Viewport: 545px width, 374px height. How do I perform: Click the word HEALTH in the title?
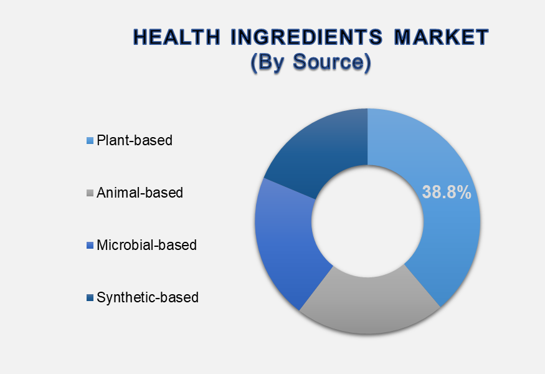(177, 37)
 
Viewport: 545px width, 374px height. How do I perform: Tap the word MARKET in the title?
(442, 37)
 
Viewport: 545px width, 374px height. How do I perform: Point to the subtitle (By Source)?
(311, 62)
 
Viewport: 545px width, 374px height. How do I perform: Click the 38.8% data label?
(447, 192)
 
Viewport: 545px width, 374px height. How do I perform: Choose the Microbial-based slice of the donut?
(285, 240)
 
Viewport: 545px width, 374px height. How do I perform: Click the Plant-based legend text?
(135, 140)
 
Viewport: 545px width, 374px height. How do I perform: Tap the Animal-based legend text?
(140, 193)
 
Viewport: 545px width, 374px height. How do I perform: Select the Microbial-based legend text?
(146, 245)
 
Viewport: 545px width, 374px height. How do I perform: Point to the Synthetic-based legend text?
(148, 298)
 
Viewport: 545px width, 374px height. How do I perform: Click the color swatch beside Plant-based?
(90, 140)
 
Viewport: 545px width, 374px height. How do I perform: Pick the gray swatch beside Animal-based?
(90, 193)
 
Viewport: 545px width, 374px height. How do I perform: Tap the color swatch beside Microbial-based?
(90, 245)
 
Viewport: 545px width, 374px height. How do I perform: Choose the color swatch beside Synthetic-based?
(90, 298)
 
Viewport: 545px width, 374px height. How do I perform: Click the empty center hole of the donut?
(367, 221)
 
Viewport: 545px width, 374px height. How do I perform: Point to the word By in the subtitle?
(270, 62)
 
